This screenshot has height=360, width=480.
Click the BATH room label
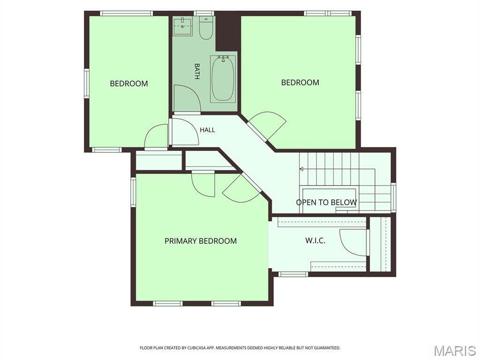pos(197,71)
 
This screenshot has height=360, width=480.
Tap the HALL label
pos(207,130)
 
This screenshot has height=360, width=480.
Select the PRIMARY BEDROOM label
pos(201,241)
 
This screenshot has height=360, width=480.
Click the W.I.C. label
pos(315,240)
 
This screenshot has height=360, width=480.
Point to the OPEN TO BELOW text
pos(326,202)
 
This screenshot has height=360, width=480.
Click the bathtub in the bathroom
pos(223,79)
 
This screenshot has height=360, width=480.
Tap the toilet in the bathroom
pos(206,28)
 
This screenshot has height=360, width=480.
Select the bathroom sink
pos(182,27)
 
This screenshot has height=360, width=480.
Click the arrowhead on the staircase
pos(301,169)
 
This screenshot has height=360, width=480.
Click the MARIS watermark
pos(455,351)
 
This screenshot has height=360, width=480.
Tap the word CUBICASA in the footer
pos(199,348)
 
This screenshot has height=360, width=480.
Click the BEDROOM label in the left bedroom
pos(129,83)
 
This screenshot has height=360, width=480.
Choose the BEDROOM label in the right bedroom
pos(300,82)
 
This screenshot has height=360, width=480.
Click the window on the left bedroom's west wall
pos(87,83)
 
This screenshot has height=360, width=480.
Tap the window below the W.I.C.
pos(293,274)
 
